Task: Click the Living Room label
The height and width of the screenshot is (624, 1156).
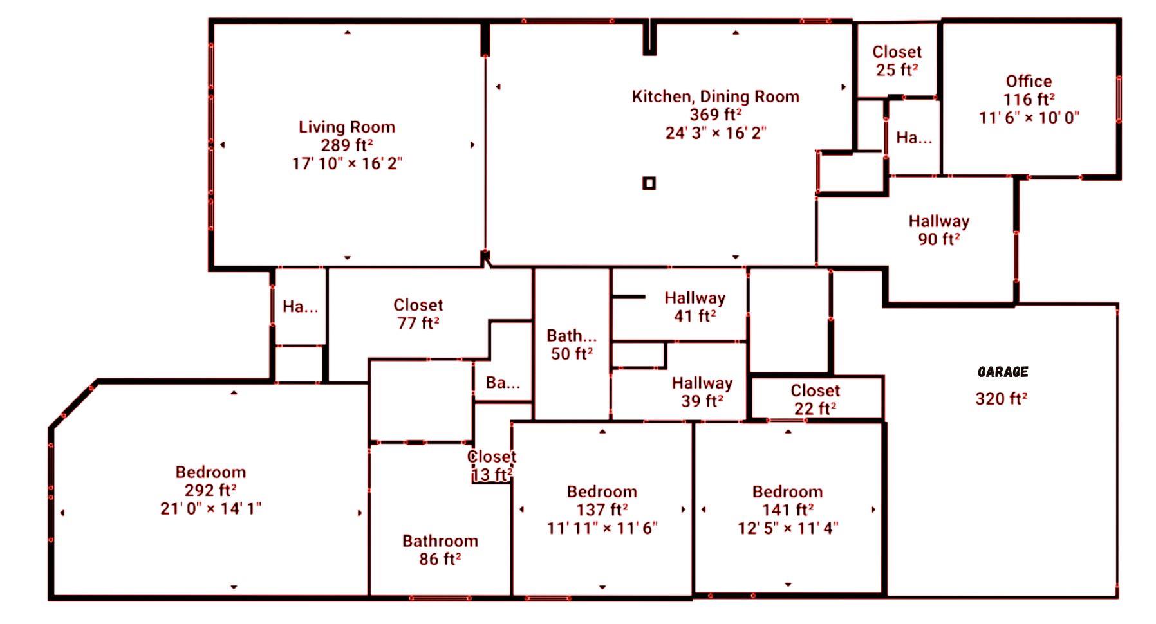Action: (x=346, y=127)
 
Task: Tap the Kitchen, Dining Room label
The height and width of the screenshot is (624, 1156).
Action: (x=715, y=96)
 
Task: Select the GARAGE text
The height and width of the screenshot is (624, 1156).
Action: (x=1002, y=372)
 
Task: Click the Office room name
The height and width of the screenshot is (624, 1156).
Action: (x=1029, y=81)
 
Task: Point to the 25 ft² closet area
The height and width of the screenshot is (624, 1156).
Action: (x=897, y=70)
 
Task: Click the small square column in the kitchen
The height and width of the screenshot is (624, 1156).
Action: (x=649, y=183)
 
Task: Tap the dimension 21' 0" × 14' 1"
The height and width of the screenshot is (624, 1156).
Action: (x=210, y=509)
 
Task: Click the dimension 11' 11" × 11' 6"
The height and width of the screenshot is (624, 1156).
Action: (x=602, y=529)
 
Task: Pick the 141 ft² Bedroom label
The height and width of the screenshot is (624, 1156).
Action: (x=787, y=492)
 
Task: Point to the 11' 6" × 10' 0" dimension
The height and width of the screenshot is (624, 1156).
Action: (x=1029, y=118)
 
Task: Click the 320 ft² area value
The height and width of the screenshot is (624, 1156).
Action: (x=1001, y=399)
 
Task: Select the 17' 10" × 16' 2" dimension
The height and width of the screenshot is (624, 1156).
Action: (x=346, y=163)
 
